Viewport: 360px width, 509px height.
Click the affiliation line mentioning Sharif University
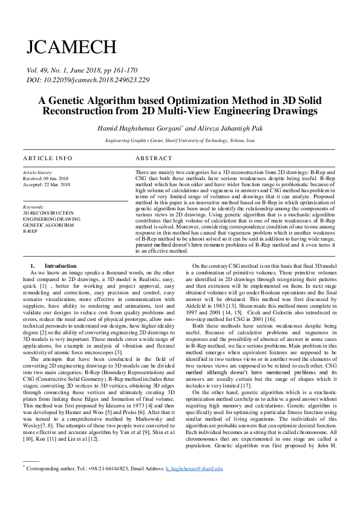click(x=180, y=140)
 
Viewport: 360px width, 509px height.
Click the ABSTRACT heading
click(x=154, y=158)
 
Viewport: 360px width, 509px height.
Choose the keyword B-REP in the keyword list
click(x=30, y=231)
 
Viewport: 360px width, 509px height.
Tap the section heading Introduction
click(x=61, y=266)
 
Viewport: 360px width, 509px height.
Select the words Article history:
click(x=37, y=173)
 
